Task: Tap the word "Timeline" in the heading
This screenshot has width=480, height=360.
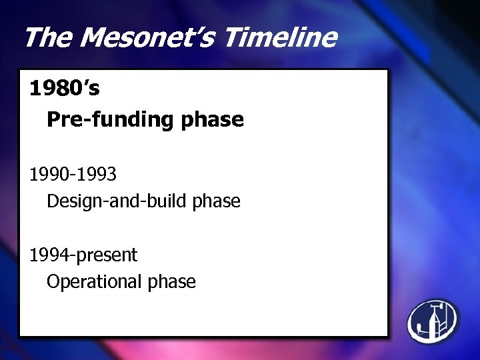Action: point(279,37)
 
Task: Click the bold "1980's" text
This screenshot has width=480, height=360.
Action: point(65,88)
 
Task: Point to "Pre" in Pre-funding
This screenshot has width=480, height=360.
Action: point(62,120)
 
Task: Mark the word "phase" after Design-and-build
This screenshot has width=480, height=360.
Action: point(216,201)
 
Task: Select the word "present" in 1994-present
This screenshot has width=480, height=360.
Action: point(106,255)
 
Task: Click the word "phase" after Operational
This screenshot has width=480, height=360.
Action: point(171,282)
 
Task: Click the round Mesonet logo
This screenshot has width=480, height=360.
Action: point(433,321)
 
